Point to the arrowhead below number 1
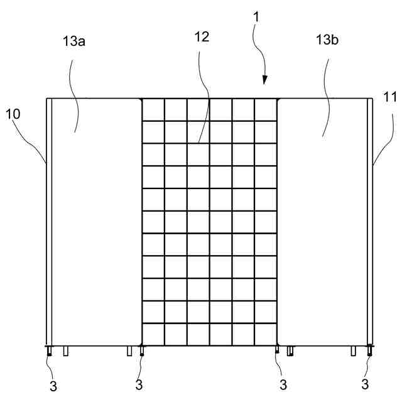coord(264,80)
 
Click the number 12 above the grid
coord(202,38)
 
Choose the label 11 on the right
coord(389,97)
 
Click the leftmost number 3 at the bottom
coord(53,385)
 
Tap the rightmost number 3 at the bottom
coord(365,383)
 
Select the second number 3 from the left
coord(139,383)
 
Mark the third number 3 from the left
coord(283,383)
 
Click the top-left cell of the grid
coord(153,109)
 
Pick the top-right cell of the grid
coord(266,109)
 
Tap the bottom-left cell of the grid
coord(153,334)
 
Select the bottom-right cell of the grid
coord(266,334)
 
